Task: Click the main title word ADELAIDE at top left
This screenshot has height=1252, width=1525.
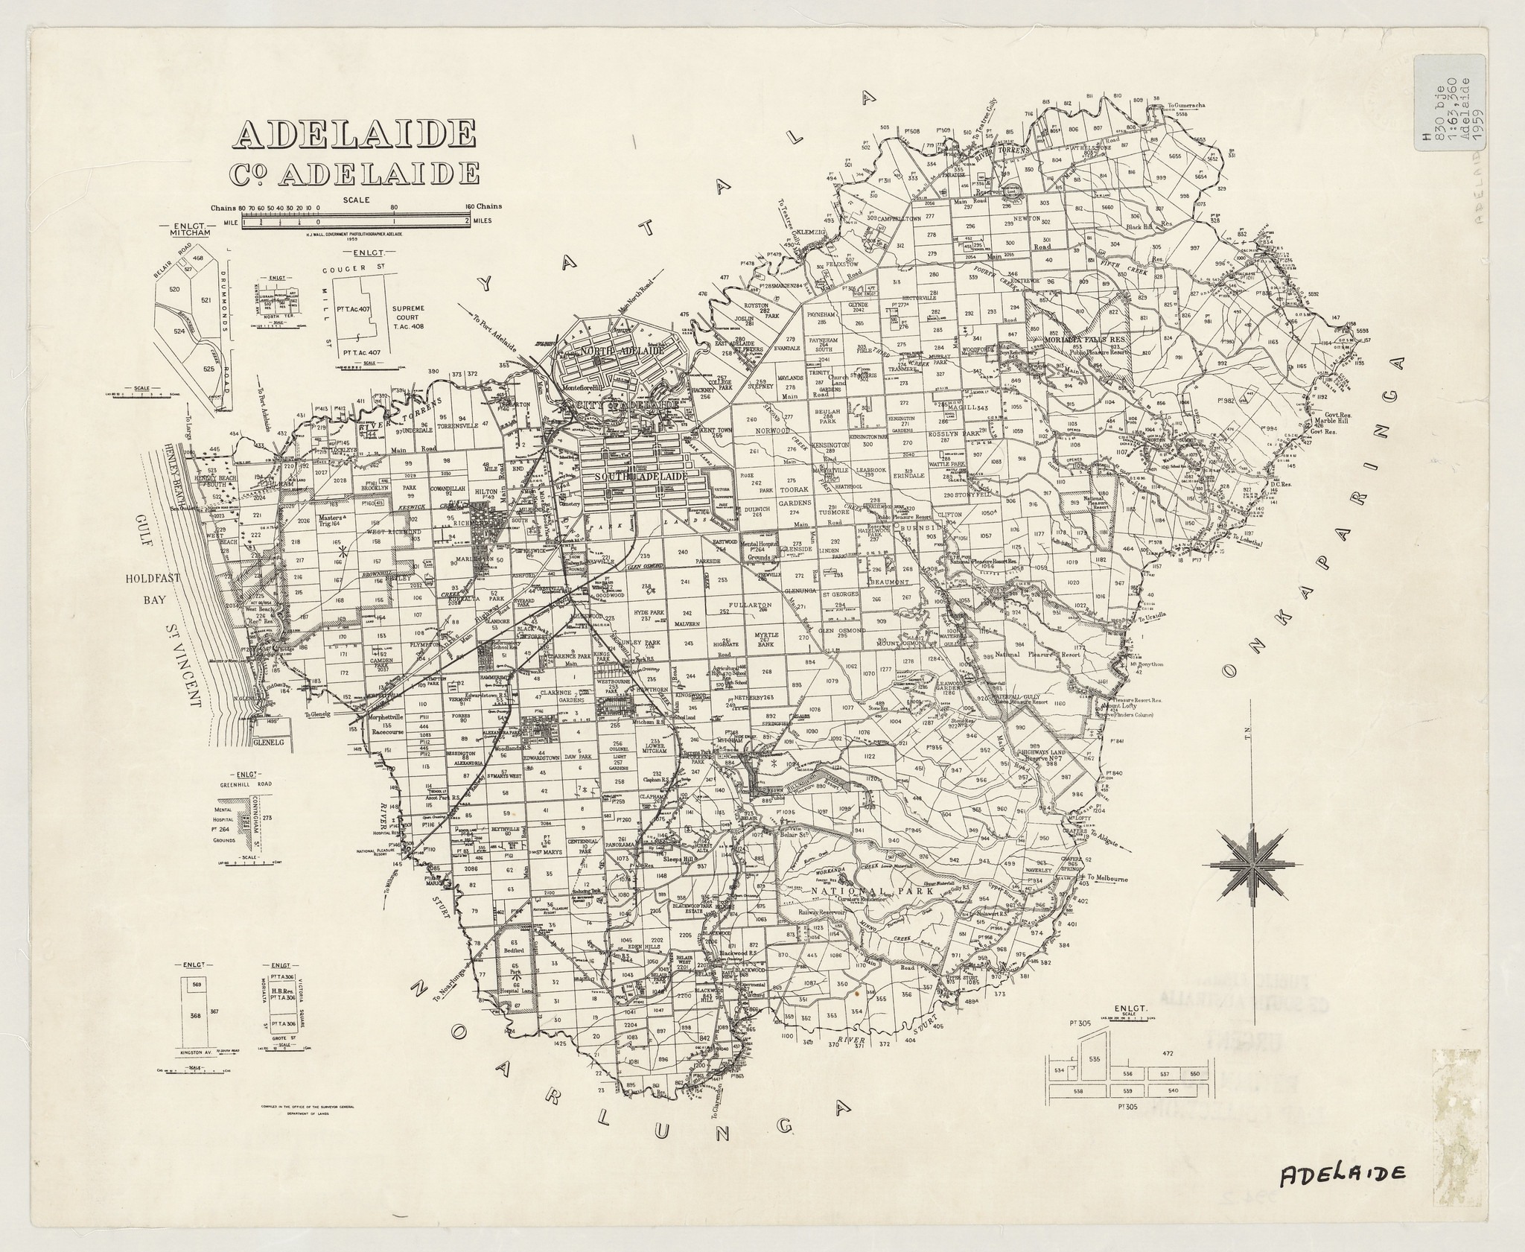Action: coord(354,134)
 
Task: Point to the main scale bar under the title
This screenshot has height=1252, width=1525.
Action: coord(354,221)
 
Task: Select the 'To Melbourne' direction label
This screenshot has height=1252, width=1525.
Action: coord(1109,877)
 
